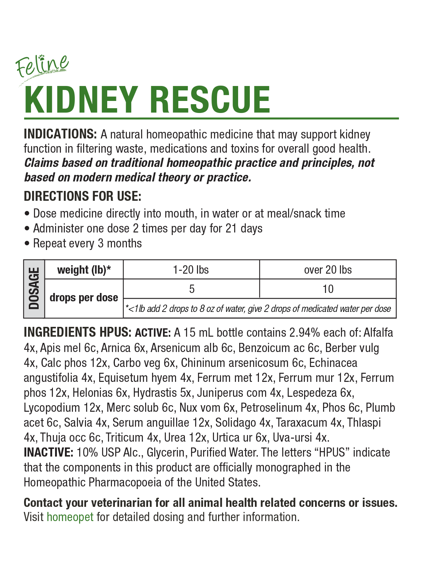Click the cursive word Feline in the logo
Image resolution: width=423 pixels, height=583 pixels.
click(x=42, y=66)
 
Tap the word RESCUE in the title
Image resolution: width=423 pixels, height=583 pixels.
click(x=210, y=100)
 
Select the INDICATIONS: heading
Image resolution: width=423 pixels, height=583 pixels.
click(x=60, y=134)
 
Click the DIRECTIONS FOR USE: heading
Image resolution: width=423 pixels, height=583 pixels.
click(x=82, y=196)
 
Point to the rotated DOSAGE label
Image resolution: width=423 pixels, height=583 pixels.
click(x=34, y=289)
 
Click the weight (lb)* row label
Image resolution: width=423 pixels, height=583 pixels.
click(x=84, y=270)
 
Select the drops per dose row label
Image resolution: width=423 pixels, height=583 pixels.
click(x=84, y=298)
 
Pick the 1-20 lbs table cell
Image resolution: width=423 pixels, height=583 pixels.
click(x=191, y=270)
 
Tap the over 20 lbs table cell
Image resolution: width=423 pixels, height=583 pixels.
click(x=328, y=270)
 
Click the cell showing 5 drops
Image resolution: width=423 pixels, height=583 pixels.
click(x=192, y=289)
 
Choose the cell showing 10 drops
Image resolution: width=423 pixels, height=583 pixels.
click(x=328, y=289)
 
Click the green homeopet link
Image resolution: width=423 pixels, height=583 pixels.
click(x=70, y=517)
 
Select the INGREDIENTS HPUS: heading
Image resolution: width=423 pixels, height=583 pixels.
click(x=77, y=332)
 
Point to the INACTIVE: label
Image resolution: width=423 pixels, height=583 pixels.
click(x=49, y=453)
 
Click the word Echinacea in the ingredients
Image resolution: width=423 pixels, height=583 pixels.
click(x=333, y=363)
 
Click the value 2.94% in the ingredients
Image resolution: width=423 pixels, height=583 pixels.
click(x=304, y=333)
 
